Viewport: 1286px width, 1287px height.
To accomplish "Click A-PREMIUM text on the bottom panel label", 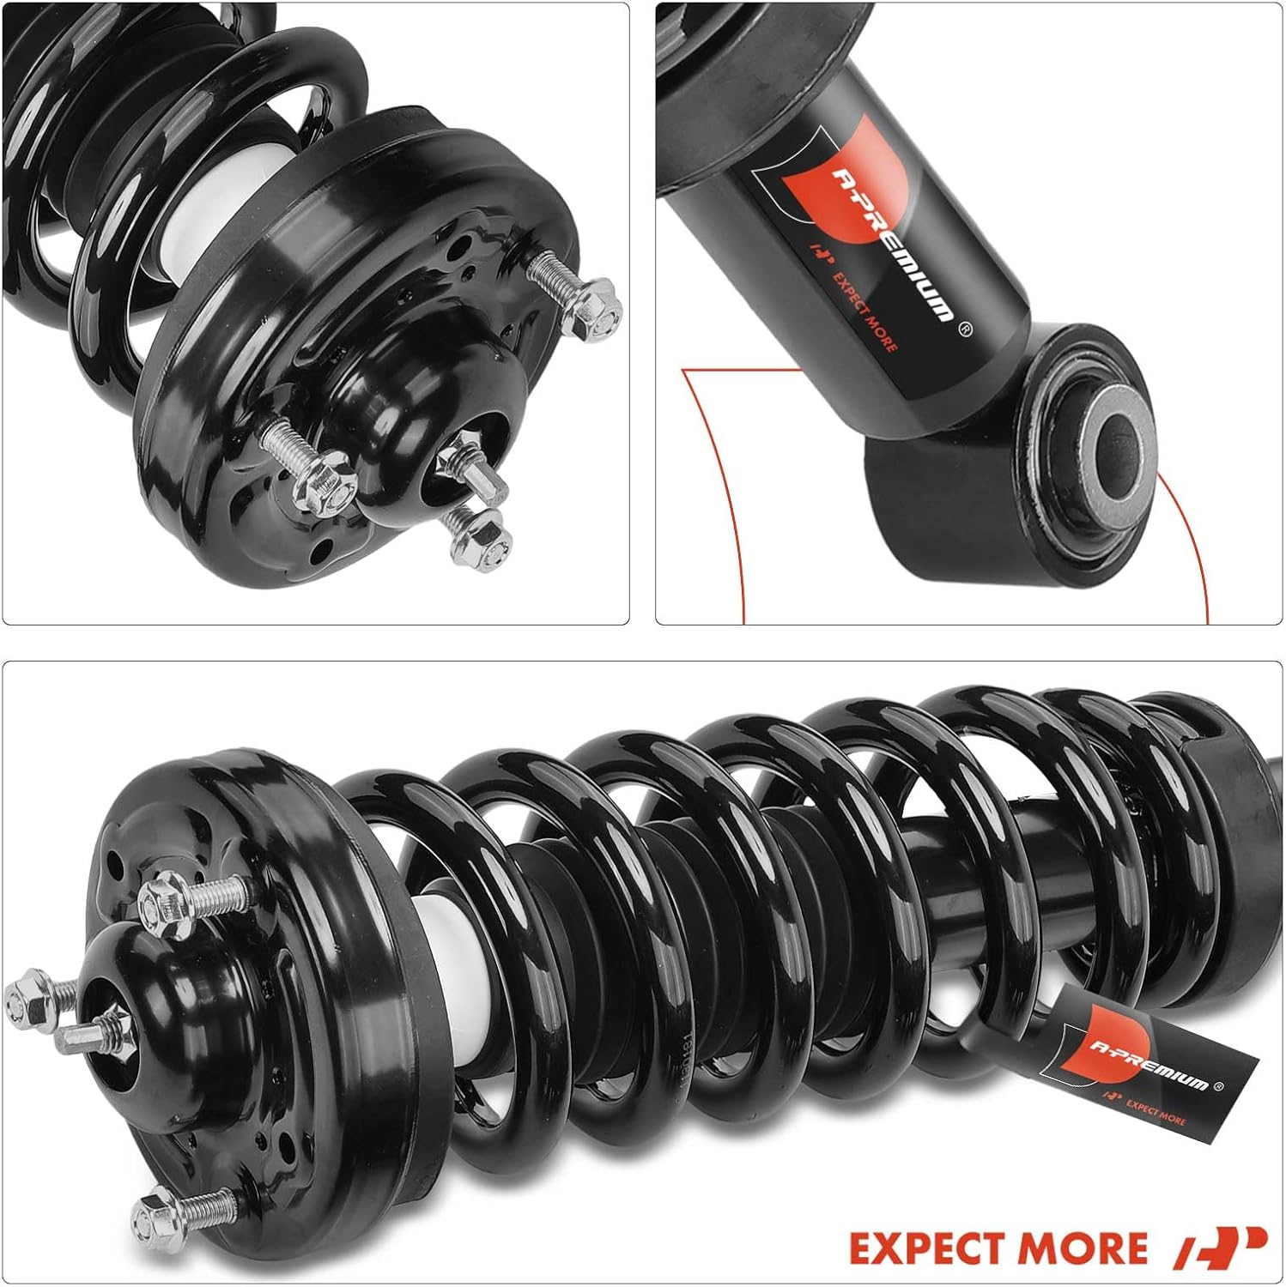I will point(1149,1065).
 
